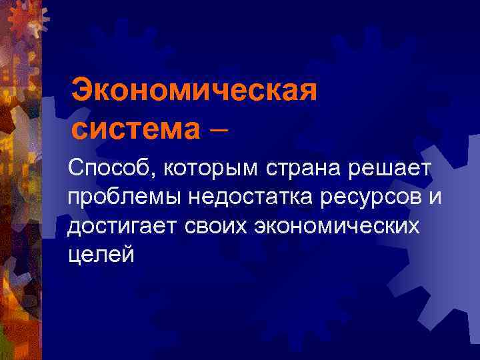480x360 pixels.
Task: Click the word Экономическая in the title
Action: [x=193, y=89]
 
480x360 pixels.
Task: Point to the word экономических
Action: [x=340, y=226]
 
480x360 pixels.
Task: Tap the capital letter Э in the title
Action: [x=83, y=89]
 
